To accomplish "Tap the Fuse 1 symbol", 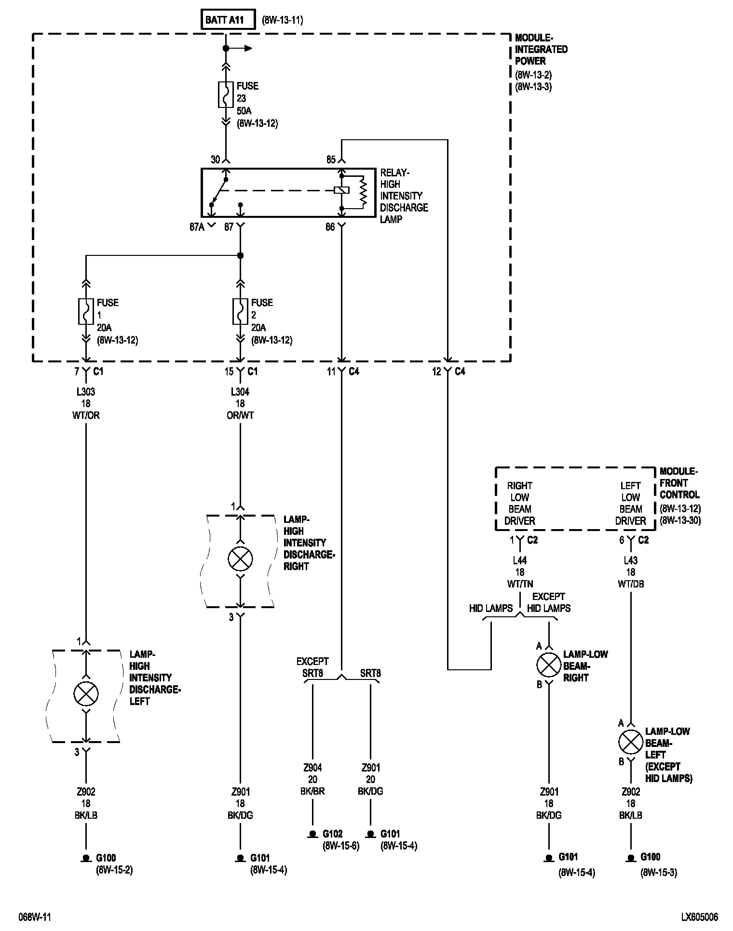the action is (86, 311).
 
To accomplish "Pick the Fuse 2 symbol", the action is (241, 311).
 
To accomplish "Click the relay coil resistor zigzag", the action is (363, 192).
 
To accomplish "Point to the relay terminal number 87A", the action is (197, 227).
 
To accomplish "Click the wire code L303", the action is (86, 392).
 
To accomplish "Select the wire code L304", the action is (240, 392).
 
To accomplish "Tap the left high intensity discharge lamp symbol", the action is (86, 693).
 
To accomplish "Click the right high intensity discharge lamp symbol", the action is (240, 559).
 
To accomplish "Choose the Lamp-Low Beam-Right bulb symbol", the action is (549, 665).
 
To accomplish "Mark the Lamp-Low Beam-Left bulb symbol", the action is (631, 742).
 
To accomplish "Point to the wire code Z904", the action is (312, 768).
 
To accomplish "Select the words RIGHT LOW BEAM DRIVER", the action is (519, 503).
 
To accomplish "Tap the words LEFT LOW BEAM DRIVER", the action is (630, 503).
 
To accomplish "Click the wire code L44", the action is (520, 560).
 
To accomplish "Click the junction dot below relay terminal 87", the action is (241, 255).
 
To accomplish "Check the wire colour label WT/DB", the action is (631, 584).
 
